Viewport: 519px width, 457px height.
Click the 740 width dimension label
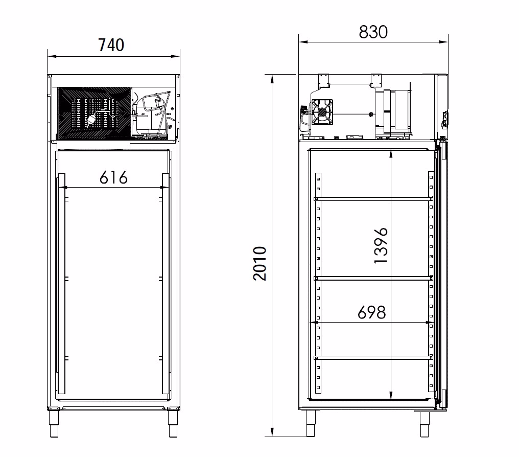pos(111,45)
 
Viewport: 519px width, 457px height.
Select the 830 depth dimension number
pos(373,32)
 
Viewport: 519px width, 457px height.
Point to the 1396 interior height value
pos(381,245)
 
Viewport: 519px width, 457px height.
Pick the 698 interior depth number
pos(372,312)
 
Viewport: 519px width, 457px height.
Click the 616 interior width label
pos(113,177)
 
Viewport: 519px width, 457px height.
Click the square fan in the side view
pos(322,112)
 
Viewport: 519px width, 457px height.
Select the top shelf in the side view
pos(373,198)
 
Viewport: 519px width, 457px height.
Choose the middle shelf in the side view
pos(373,278)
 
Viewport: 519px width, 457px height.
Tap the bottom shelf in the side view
pos(373,358)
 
